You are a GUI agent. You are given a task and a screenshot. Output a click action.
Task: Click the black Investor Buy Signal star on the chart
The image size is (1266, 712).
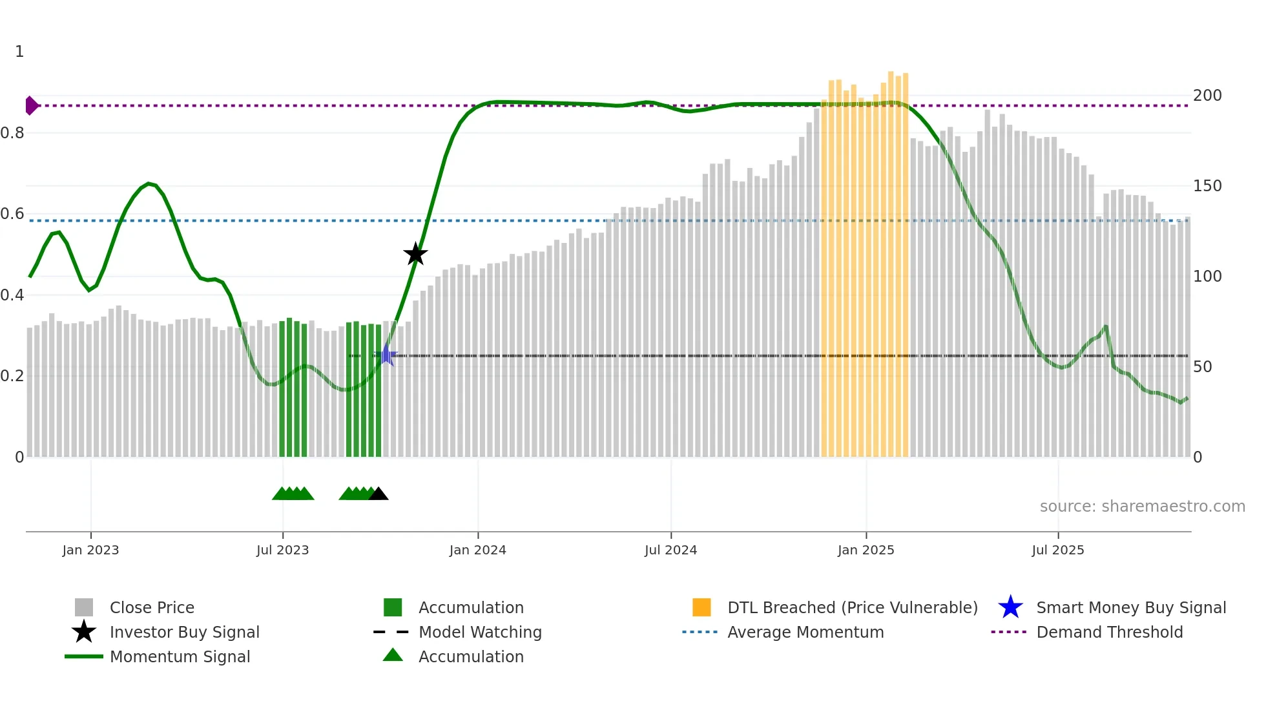(415, 254)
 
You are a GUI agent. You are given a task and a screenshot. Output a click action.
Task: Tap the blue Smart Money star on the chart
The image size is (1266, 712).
(386, 355)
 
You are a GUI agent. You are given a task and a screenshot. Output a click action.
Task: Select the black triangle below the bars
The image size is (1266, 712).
(379, 494)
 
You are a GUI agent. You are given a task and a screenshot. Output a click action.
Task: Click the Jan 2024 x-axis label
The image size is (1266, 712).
(477, 550)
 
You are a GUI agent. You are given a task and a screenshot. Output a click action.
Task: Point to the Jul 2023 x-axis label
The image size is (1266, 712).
(282, 550)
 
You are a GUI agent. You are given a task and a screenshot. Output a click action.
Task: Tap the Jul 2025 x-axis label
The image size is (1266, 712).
(1057, 550)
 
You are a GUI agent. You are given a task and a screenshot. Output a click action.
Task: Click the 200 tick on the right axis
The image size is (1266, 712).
(1207, 96)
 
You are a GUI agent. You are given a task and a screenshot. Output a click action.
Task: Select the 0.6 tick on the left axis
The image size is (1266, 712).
(12, 214)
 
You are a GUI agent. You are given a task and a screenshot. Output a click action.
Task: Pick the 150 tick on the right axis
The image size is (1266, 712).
(1207, 186)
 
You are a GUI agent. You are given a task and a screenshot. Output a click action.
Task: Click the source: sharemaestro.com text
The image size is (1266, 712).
(1142, 507)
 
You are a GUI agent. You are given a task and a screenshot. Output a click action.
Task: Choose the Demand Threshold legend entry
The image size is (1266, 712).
(1109, 632)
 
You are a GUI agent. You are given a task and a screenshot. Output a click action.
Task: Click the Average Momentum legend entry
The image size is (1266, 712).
(805, 632)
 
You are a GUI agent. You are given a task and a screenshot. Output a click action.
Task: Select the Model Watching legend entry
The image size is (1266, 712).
(479, 632)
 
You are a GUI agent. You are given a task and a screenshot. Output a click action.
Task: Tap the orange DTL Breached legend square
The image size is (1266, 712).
(701, 607)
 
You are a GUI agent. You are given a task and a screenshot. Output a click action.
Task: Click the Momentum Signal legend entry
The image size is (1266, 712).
(180, 656)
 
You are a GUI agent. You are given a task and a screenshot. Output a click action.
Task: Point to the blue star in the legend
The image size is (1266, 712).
(1010, 607)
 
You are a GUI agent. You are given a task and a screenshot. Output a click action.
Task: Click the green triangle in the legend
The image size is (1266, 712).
(393, 655)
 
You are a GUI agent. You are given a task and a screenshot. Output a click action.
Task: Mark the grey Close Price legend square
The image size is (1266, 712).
(84, 607)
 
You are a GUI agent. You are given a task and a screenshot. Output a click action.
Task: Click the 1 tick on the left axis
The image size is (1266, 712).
(19, 52)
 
